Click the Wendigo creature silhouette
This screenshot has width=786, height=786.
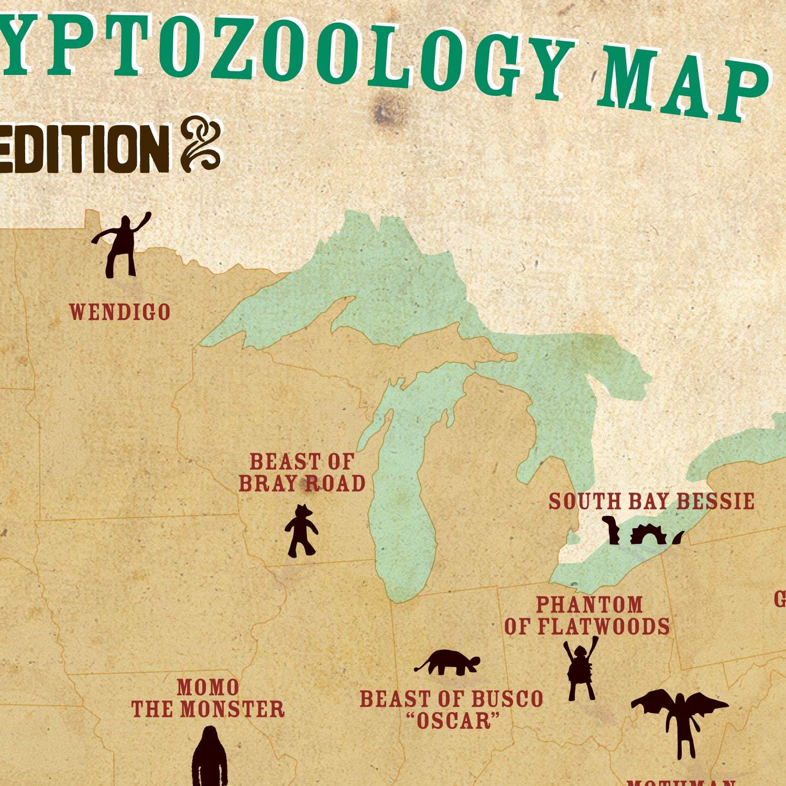tap(123, 246)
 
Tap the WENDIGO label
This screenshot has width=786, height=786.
tap(120, 312)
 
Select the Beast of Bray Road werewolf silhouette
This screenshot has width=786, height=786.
tap(301, 530)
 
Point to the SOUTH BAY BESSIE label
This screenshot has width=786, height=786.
tap(651, 501)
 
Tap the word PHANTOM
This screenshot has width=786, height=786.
tap(589, 605)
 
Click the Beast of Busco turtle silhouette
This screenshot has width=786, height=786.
tap(449, 662)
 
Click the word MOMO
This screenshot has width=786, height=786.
tap(208, 687)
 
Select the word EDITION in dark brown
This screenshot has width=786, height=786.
tap(84, 149)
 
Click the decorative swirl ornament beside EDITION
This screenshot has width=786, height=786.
tap(202, 144)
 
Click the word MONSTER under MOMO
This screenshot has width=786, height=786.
tap(232, 709)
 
